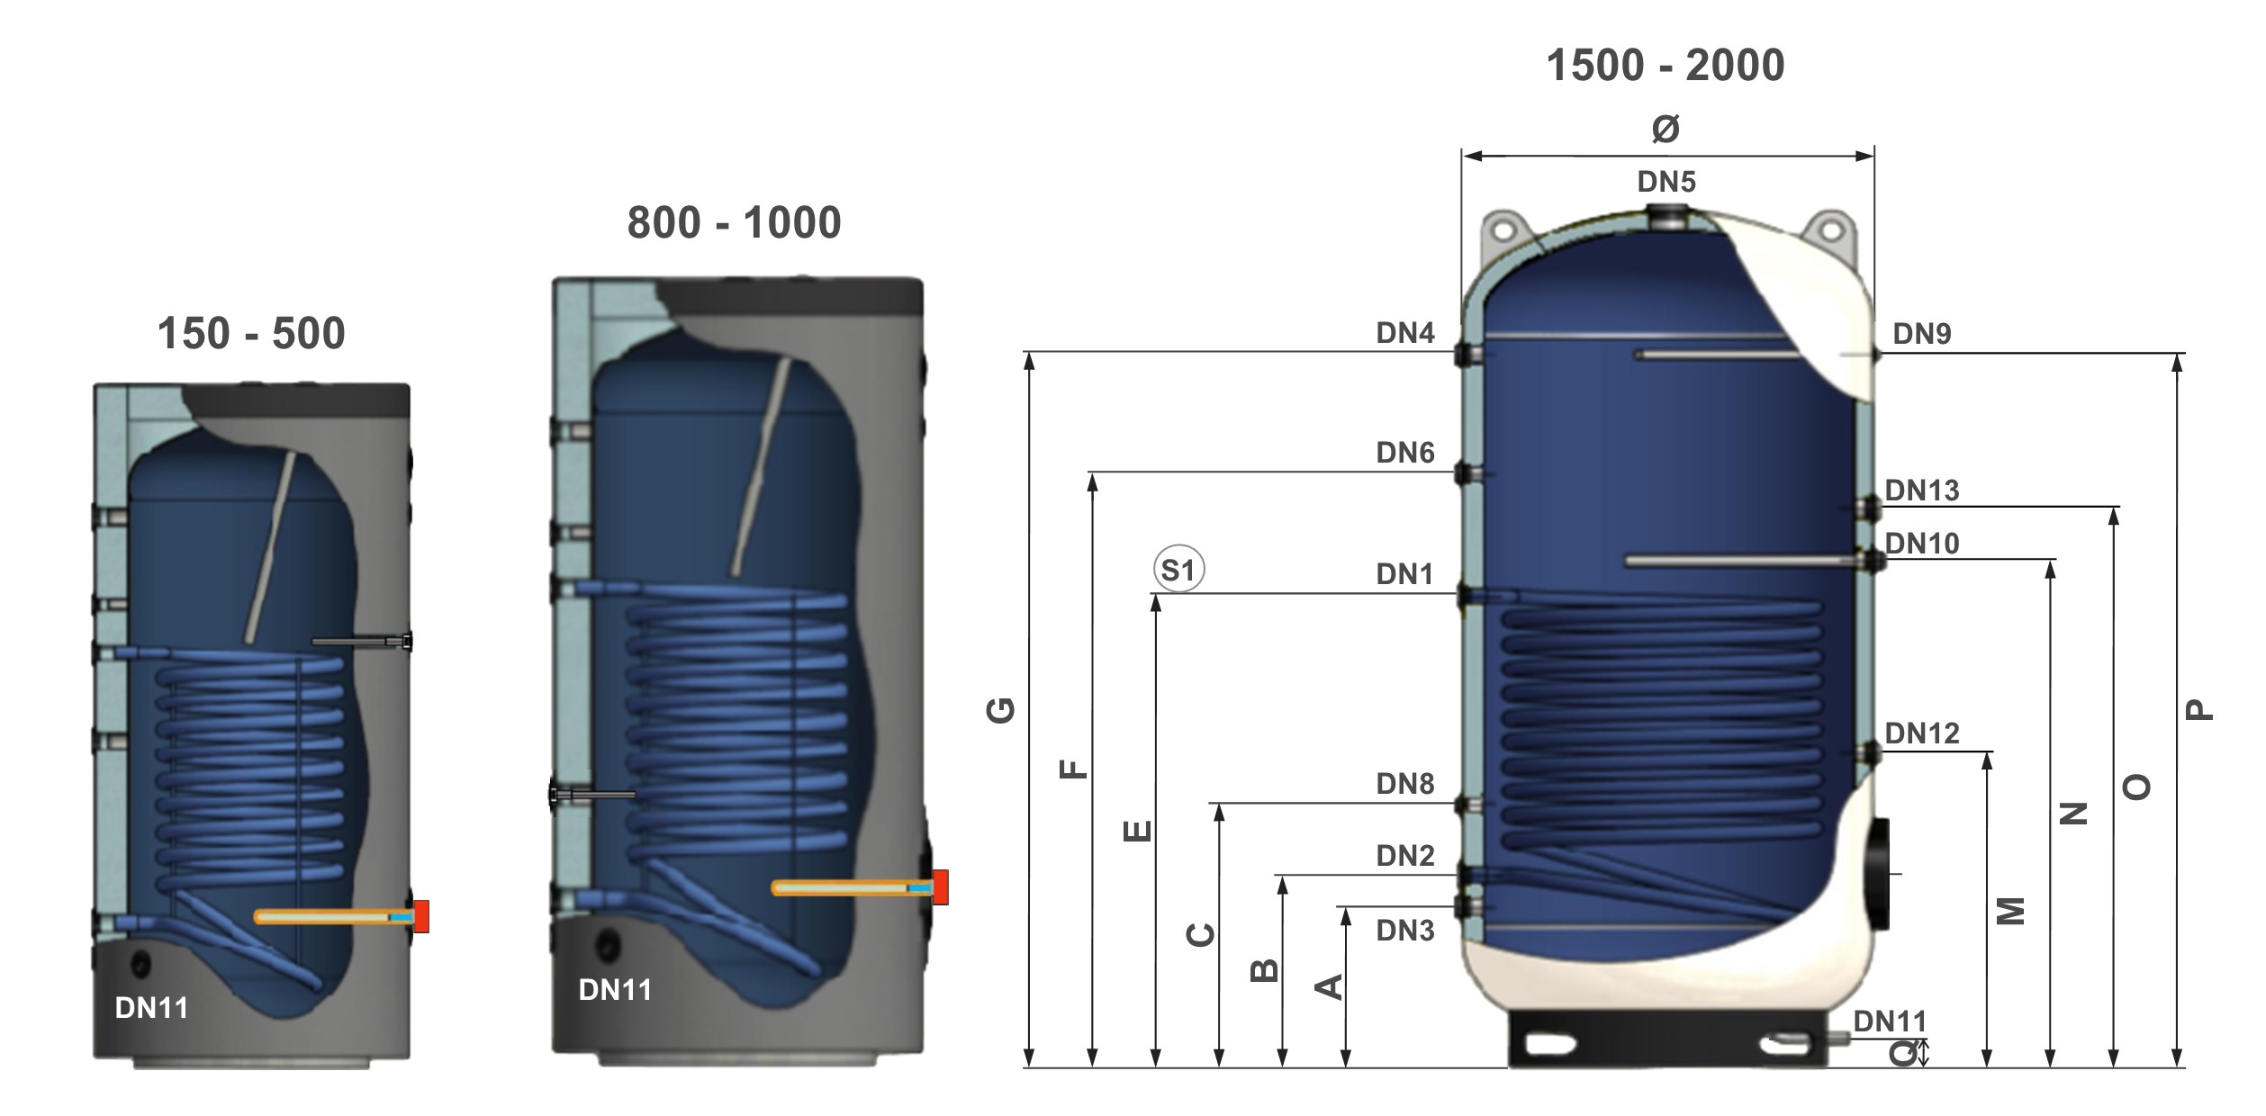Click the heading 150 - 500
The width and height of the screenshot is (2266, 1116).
point(251,334)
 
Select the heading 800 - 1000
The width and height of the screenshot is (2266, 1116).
point(734,222)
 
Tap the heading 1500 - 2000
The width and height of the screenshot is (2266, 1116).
point(1665,66)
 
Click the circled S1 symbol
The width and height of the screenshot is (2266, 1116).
point(1178,570)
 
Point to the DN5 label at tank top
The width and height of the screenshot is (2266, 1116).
point(1666,182)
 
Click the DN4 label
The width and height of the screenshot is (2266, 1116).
point(1404,333)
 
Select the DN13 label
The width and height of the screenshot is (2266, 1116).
point(1921,490)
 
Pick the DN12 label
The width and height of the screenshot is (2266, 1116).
point(1921,733)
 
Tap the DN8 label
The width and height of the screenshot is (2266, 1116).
point(1404,784)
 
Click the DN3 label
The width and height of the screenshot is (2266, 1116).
point(1404,931)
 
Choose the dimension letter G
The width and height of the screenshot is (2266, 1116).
point(1002,710)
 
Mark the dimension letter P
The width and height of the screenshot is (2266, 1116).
point(2199,710)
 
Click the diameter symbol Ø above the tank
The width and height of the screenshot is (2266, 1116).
point(1666,130)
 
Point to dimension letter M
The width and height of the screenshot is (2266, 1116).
point(2010,911)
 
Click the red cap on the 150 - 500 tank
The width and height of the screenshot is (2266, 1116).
point(420,916)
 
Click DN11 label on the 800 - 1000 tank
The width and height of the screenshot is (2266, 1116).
point(615,990)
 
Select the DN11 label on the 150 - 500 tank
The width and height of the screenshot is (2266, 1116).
point(151,1008)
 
